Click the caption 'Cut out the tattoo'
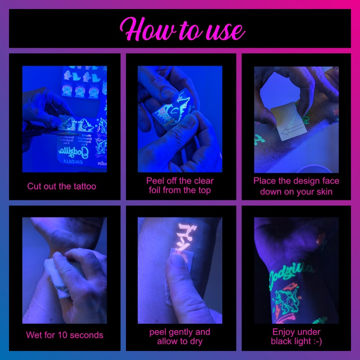click(62, 186)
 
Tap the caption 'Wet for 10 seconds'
click(64, 336)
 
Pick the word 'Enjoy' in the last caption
click(284, 332)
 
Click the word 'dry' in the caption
click(202, 341)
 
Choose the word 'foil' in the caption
click(157, 190)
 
